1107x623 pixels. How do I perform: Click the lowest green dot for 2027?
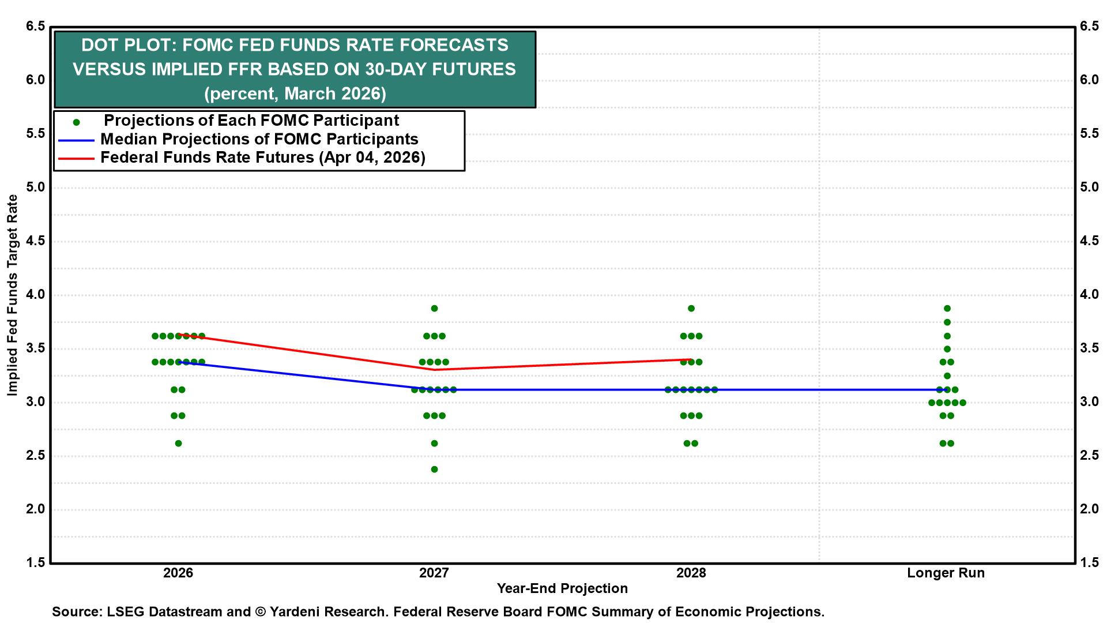click(x=434, y=469)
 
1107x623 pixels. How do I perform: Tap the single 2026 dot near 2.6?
click(x=178, y=443)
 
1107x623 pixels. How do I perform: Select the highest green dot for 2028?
click(x=691, y=308)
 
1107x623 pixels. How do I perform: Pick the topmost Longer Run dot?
click(x=947, y=308)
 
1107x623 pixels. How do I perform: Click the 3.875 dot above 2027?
click(x=434, y=308)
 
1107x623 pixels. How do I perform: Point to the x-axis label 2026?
click(x=178, y=573)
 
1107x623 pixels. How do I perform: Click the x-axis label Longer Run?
click(x=946, y=573)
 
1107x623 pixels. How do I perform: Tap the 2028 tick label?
click(x=691, y=573)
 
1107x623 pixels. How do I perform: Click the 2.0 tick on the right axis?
click(x=1089, y=509)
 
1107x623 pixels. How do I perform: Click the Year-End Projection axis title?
click(x=562, y=588)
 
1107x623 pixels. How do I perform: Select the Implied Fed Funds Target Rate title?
click(x=12, y=295)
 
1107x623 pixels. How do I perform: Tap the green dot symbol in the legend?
click(x=76, y=122)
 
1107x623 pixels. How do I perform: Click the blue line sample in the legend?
click(x=76, y=140)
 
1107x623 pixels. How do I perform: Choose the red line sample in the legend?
click(x=76, y=158)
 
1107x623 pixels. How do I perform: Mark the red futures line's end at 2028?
click(x=691, y=359)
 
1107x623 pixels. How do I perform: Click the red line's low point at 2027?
click(x=434, y=369)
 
